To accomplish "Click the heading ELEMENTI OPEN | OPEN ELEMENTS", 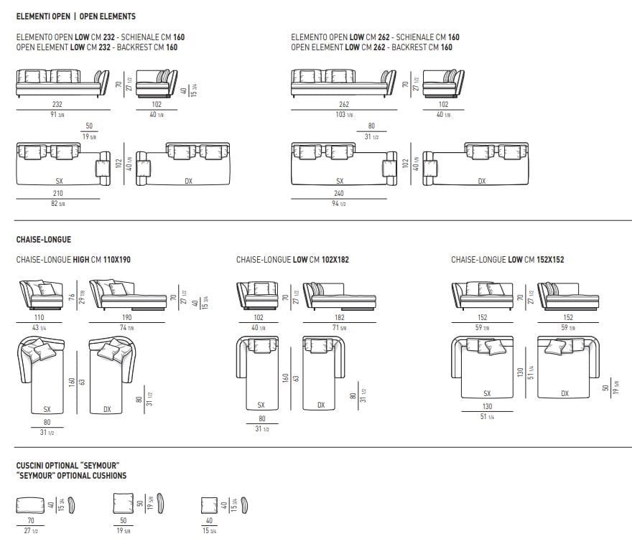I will click(75, 16).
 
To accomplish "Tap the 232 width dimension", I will click(57, 105).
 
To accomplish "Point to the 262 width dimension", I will click(344, 105).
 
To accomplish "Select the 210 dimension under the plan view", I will click(57, 194).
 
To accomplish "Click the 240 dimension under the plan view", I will click(339, 194).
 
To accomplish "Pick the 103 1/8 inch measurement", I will click(344, 115).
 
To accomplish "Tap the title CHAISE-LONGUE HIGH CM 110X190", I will click(73, 260).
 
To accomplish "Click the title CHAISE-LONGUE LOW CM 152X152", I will click(507, 260).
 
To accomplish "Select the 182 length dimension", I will click(340, 317).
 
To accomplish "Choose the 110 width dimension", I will click(39, 317).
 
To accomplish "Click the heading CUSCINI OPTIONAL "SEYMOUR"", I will click(67, 466).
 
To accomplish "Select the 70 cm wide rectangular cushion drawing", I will click(31, 504).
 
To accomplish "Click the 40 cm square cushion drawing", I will click(210, 504).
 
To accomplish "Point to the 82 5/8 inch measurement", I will click(57, 204).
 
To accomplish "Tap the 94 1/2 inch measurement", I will click(339, 204).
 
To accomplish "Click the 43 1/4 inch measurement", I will click(39, 327).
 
